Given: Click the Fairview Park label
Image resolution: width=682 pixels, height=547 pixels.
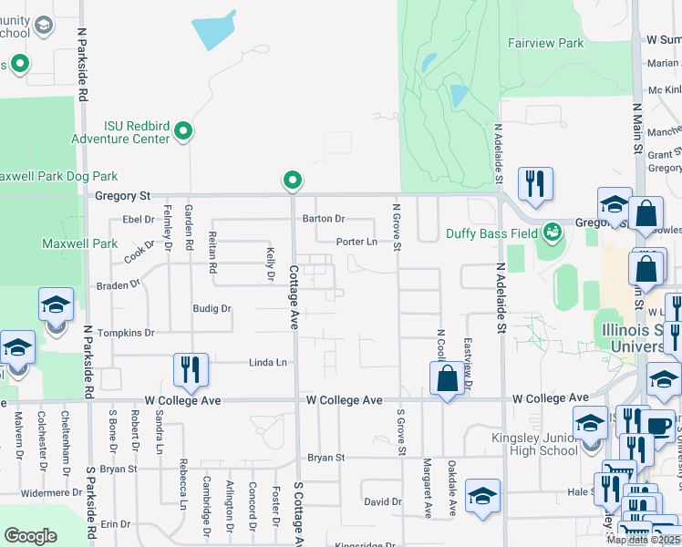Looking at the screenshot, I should click(x=544, y=43).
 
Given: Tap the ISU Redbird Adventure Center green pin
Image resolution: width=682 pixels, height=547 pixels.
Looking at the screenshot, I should click(x=183, y=132).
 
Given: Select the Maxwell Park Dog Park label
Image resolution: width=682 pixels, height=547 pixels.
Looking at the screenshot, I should click(x=57, y=176).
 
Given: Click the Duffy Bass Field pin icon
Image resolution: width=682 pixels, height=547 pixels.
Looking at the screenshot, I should click(x=551, y=232).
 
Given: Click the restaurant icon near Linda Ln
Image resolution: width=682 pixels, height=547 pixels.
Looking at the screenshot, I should click(x=191, y=368).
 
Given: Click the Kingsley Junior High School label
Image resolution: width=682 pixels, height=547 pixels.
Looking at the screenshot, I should click(x=533, y=443).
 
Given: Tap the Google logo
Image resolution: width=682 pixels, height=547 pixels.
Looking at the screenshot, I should click(x=30, y=536).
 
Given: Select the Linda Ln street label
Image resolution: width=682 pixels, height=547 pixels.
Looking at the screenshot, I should click(x=268, y=363).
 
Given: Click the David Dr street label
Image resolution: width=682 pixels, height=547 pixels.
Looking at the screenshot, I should click(x=382, y=502).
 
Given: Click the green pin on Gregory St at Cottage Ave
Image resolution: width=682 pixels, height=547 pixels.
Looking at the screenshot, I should click(x=293, y=181).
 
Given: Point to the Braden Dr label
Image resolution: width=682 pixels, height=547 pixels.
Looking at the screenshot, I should click(x=118, y=285).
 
